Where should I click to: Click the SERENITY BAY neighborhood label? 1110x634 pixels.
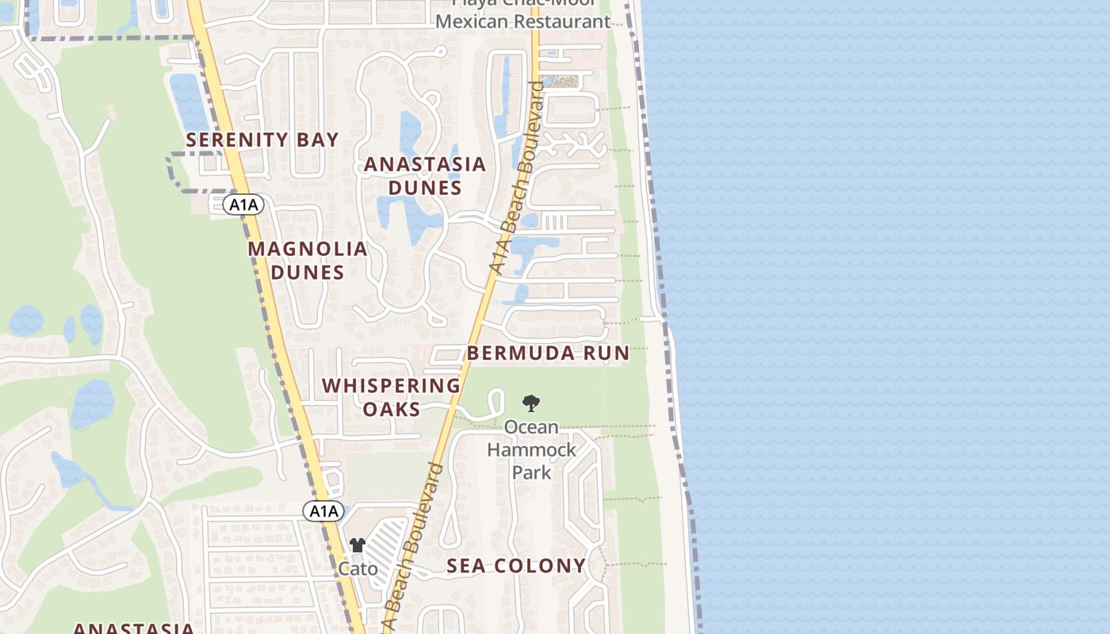tap(262, 140)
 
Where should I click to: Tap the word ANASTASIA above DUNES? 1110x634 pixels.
tap(424, 165)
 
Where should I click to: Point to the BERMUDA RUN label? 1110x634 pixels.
tap(548, 353)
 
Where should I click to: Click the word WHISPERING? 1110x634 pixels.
tap(391, 386)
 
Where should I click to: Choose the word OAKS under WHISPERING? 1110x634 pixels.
tap(392, 409)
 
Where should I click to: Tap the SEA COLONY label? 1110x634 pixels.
tap(515, 566)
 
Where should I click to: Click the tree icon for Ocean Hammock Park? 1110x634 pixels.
tap(531, 403)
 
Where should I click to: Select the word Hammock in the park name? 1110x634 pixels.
tap(531, 450)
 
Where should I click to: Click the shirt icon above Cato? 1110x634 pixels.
tap(358, 544)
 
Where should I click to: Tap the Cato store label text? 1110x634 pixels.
tap(358, 568)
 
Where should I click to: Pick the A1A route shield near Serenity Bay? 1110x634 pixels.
tap(243, 205)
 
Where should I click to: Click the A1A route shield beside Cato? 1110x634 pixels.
tap(323, 511)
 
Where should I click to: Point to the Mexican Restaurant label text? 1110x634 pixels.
tap(522, 21)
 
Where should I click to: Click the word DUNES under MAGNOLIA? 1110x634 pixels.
tap(308, 273)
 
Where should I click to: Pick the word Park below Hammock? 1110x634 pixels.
tap(531, 472)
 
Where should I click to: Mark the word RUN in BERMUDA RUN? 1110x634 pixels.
tap(607, 353)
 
